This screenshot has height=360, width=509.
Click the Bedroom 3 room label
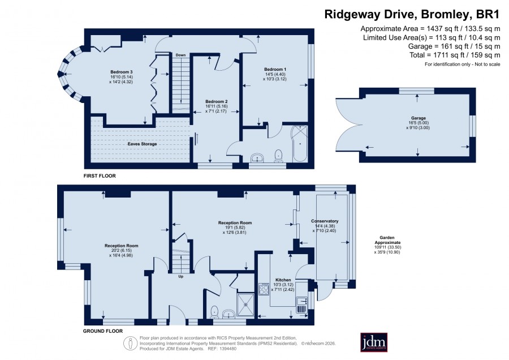[122, 72]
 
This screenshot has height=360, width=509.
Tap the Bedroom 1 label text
[275, 69]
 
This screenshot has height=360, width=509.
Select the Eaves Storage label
[142, 144]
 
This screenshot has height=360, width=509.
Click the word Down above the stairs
[181, 55]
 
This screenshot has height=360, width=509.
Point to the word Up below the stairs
[181, 276]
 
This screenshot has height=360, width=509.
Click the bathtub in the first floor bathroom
[299, 144]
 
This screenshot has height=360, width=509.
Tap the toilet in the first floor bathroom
[278, 156]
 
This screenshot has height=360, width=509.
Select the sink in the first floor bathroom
[257, 158]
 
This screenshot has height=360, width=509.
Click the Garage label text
[419, 118]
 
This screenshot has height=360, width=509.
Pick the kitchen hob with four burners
[264, 289]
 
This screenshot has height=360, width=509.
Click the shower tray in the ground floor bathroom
[246, 305]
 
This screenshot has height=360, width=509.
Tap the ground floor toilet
[215, 312]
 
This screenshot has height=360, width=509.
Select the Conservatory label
[325, 221]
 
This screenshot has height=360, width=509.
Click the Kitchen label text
[283, 280]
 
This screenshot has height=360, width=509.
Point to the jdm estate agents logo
[374, 342]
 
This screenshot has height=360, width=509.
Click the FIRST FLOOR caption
[100, 176]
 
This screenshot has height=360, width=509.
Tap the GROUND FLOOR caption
[103, 331]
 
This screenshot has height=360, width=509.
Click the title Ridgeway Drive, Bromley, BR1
[412, 15]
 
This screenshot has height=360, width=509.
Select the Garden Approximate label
[387, 240]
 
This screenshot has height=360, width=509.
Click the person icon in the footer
[131, 344]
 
